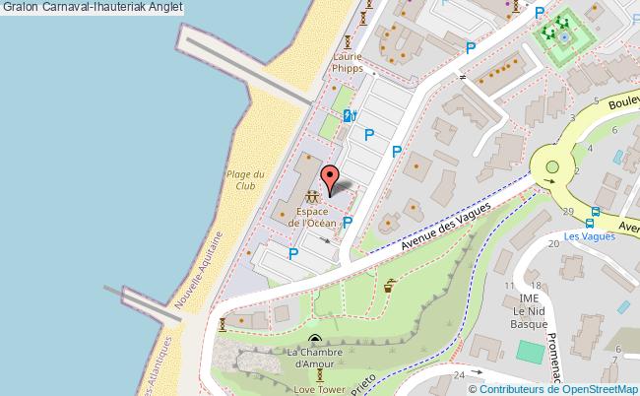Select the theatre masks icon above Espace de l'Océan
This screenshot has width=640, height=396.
312,197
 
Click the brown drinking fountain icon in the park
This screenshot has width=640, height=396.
390,286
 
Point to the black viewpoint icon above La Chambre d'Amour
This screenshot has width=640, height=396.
314,340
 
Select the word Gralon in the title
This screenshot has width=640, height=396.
20,7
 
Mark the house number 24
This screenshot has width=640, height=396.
458,374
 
